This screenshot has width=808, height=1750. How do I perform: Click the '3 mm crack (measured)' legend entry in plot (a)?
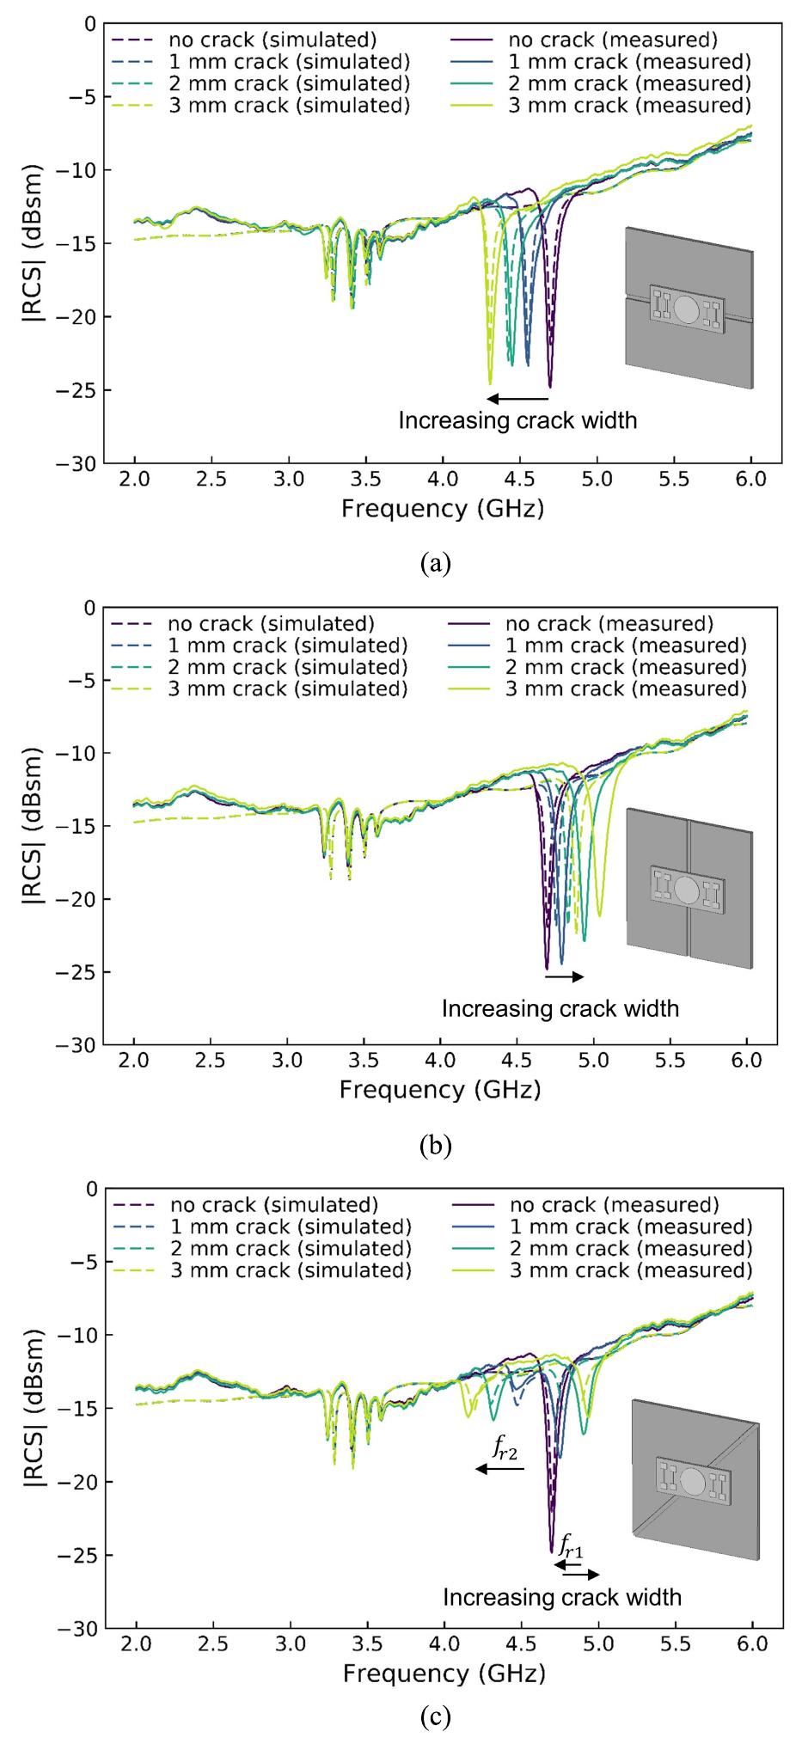629,106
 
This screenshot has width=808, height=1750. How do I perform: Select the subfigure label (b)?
436,1145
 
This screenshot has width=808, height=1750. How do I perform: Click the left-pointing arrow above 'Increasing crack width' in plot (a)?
517,399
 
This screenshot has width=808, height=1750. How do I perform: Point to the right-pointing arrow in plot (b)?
565,977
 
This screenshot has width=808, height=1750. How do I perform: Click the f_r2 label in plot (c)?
505,1449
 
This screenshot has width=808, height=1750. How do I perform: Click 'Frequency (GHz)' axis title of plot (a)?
442,509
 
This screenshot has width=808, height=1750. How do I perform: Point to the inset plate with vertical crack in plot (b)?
689,890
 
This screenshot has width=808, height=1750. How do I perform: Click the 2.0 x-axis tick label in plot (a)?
135,479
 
